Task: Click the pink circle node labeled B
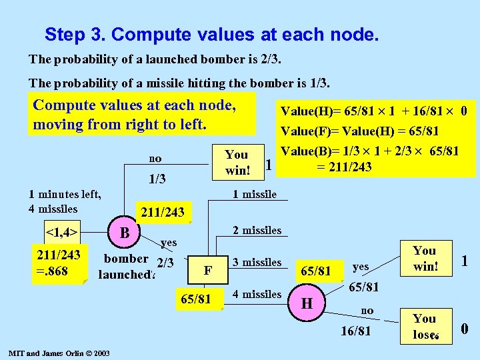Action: pos(124,233)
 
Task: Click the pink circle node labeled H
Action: pos(307,304)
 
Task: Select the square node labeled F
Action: pos(207,270)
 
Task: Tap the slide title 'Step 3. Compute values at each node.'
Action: pos(211,34)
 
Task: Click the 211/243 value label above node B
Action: pos(163,212)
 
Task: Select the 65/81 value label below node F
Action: pos(197,298)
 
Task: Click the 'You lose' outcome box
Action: pos(424,326)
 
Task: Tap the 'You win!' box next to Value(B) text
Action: pos(236,162)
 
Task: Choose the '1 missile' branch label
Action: pos(254,194)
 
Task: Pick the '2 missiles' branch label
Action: pos(257,230)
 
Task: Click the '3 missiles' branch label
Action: pos(257,262)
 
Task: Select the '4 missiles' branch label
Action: pos(257,294)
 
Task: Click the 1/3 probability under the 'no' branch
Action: pos(157,179)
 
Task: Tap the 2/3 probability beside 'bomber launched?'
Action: pos(164,263)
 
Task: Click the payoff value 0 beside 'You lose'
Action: pos(464,328)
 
